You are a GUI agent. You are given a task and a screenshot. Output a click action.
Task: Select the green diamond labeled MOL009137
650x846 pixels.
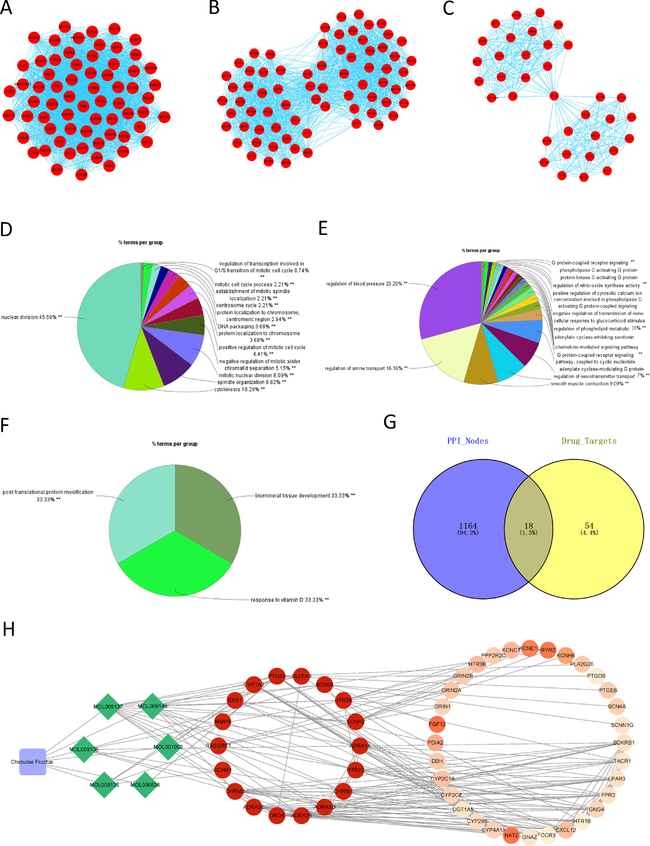pos(108,706)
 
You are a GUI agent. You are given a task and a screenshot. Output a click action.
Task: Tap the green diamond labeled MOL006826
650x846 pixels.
pos(145,785)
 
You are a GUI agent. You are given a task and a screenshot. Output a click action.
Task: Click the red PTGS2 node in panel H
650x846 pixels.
pos(277,676)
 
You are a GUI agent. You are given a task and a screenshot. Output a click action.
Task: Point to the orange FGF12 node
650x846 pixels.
pos(437,724)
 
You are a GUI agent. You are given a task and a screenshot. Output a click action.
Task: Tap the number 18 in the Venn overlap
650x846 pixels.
pos(528,526)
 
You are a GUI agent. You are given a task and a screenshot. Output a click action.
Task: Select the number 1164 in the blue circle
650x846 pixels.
pos(468,526)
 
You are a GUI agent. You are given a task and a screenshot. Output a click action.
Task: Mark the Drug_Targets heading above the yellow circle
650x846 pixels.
pos(589,441)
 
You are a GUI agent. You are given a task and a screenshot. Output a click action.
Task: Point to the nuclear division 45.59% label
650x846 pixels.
pos(32,317)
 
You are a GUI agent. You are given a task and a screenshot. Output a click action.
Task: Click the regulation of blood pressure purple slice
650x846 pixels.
pos(449,306)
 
